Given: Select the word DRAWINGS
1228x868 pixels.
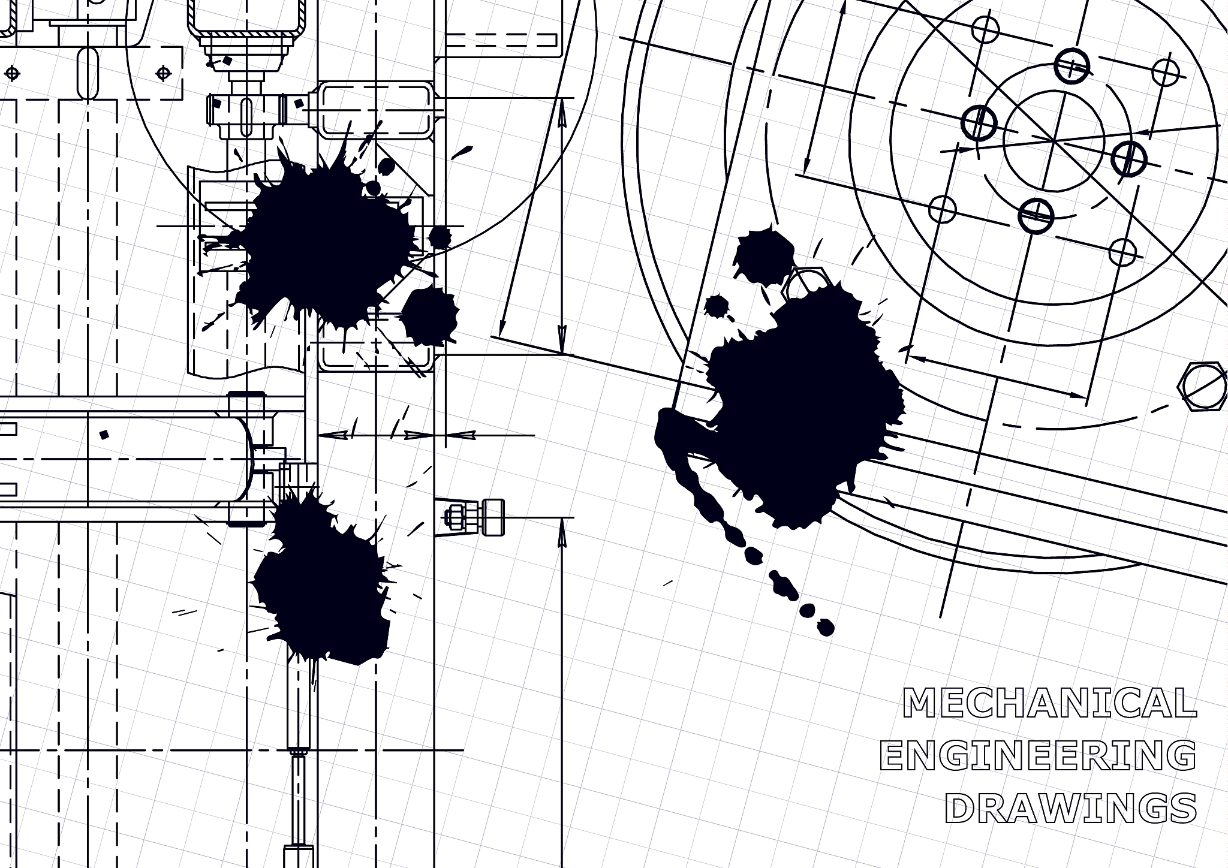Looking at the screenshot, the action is pyautogui.click(x=1070, y=809).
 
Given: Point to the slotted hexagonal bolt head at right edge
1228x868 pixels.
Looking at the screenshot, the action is pyautogui.click(x=1202, y=387).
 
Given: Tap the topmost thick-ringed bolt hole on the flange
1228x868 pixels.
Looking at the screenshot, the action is pyautogui.click(x=1072, y=66).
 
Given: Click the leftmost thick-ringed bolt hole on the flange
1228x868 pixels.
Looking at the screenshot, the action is pyautogui.click(x=979, y=123).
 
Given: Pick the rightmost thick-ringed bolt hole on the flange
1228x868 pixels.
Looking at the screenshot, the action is pyautogui.click(x=1129, y=158).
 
